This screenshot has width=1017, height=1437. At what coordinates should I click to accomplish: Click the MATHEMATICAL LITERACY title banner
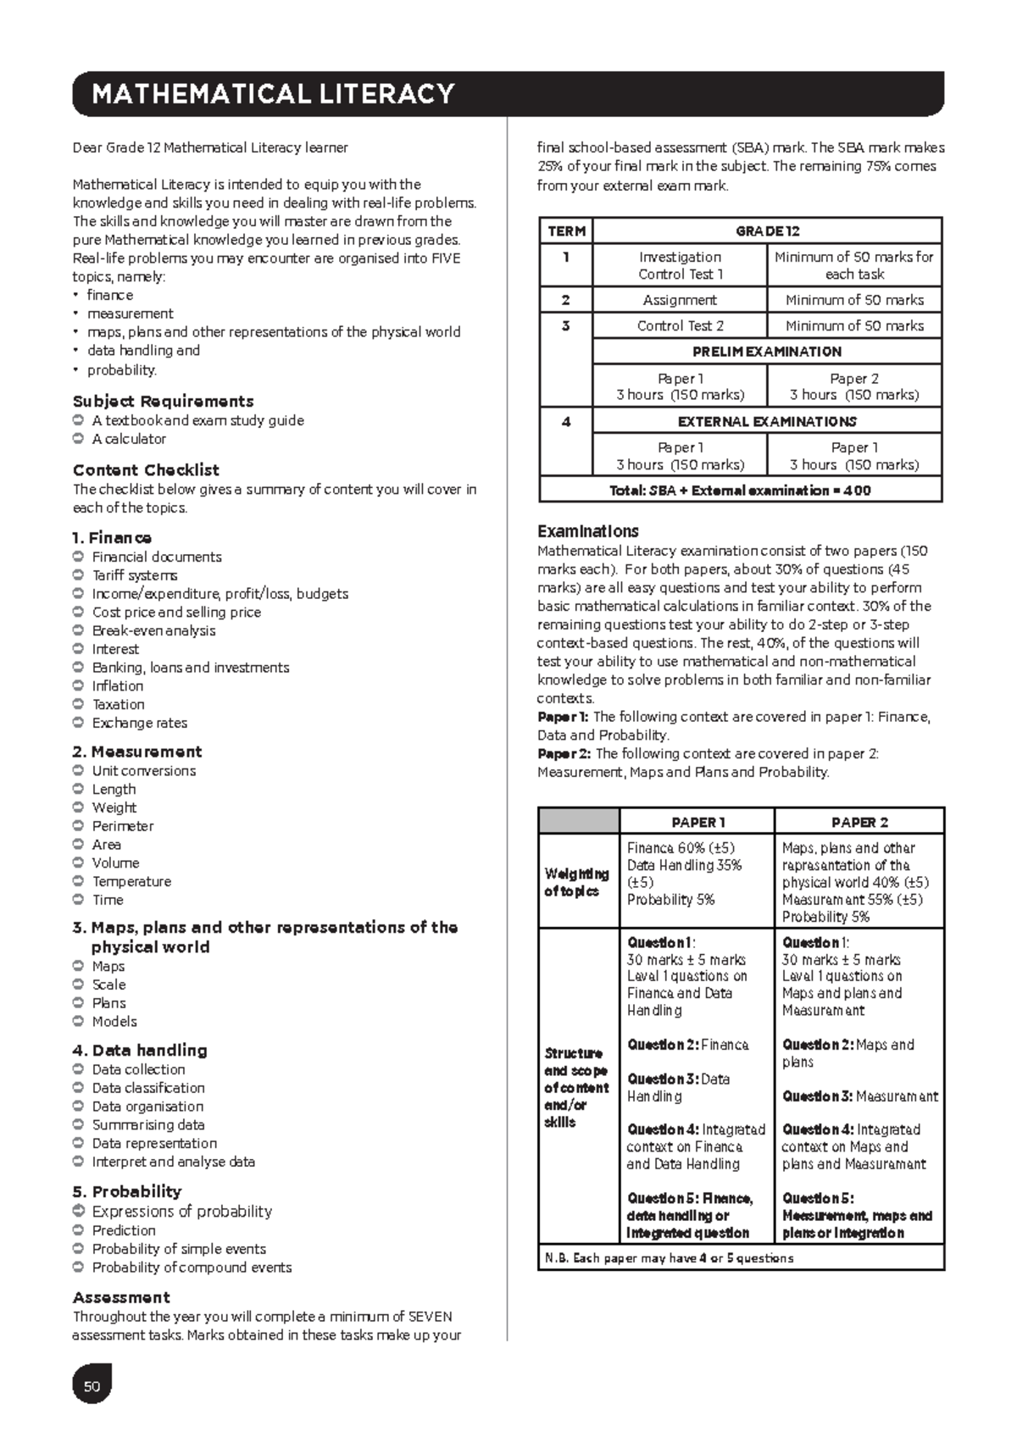508,94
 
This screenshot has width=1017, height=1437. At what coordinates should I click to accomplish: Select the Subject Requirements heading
163,401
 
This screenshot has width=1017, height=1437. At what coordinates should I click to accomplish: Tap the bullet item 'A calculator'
129,439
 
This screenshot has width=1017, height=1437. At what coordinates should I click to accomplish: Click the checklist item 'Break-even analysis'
153,630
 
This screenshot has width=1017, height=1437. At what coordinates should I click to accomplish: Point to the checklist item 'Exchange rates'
139,723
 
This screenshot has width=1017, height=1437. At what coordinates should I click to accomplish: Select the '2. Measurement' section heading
137,752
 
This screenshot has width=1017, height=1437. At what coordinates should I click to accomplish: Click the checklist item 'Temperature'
131,881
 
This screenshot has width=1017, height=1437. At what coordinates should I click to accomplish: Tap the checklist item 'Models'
114,1021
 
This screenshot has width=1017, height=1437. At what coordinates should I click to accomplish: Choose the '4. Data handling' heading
140,1050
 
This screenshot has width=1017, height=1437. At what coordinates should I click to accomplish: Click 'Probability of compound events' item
192,1268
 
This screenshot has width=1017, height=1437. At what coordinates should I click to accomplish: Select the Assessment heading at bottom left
121,1297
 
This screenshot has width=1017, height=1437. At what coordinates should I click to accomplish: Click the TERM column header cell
566,231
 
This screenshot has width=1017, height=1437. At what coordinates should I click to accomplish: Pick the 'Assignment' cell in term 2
680,300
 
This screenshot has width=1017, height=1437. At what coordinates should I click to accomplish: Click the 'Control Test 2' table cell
680,325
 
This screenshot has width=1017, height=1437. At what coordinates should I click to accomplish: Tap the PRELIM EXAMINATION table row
767,352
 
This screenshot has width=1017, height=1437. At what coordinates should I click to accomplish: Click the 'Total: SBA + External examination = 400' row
740,491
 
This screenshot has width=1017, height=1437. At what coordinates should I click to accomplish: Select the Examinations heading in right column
587,531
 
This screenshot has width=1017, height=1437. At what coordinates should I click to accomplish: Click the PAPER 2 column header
859,822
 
